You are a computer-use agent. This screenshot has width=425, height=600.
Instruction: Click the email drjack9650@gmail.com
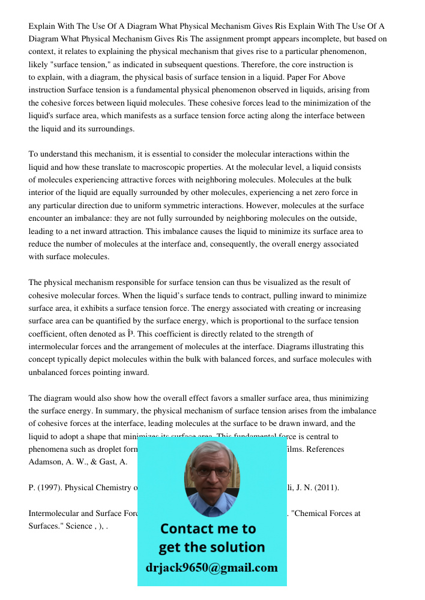click(212, 568)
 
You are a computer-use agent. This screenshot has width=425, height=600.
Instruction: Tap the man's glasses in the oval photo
click(211, 472)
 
